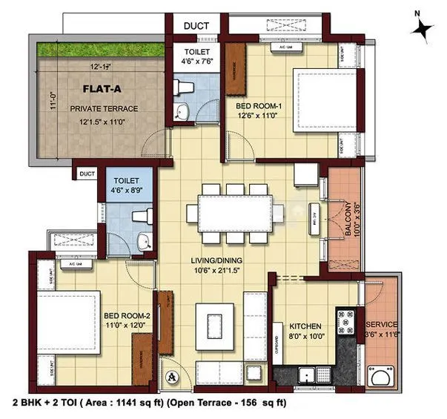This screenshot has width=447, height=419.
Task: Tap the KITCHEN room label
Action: (x=304, y=325)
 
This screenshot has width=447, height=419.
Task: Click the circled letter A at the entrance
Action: (x=173, y=375)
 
